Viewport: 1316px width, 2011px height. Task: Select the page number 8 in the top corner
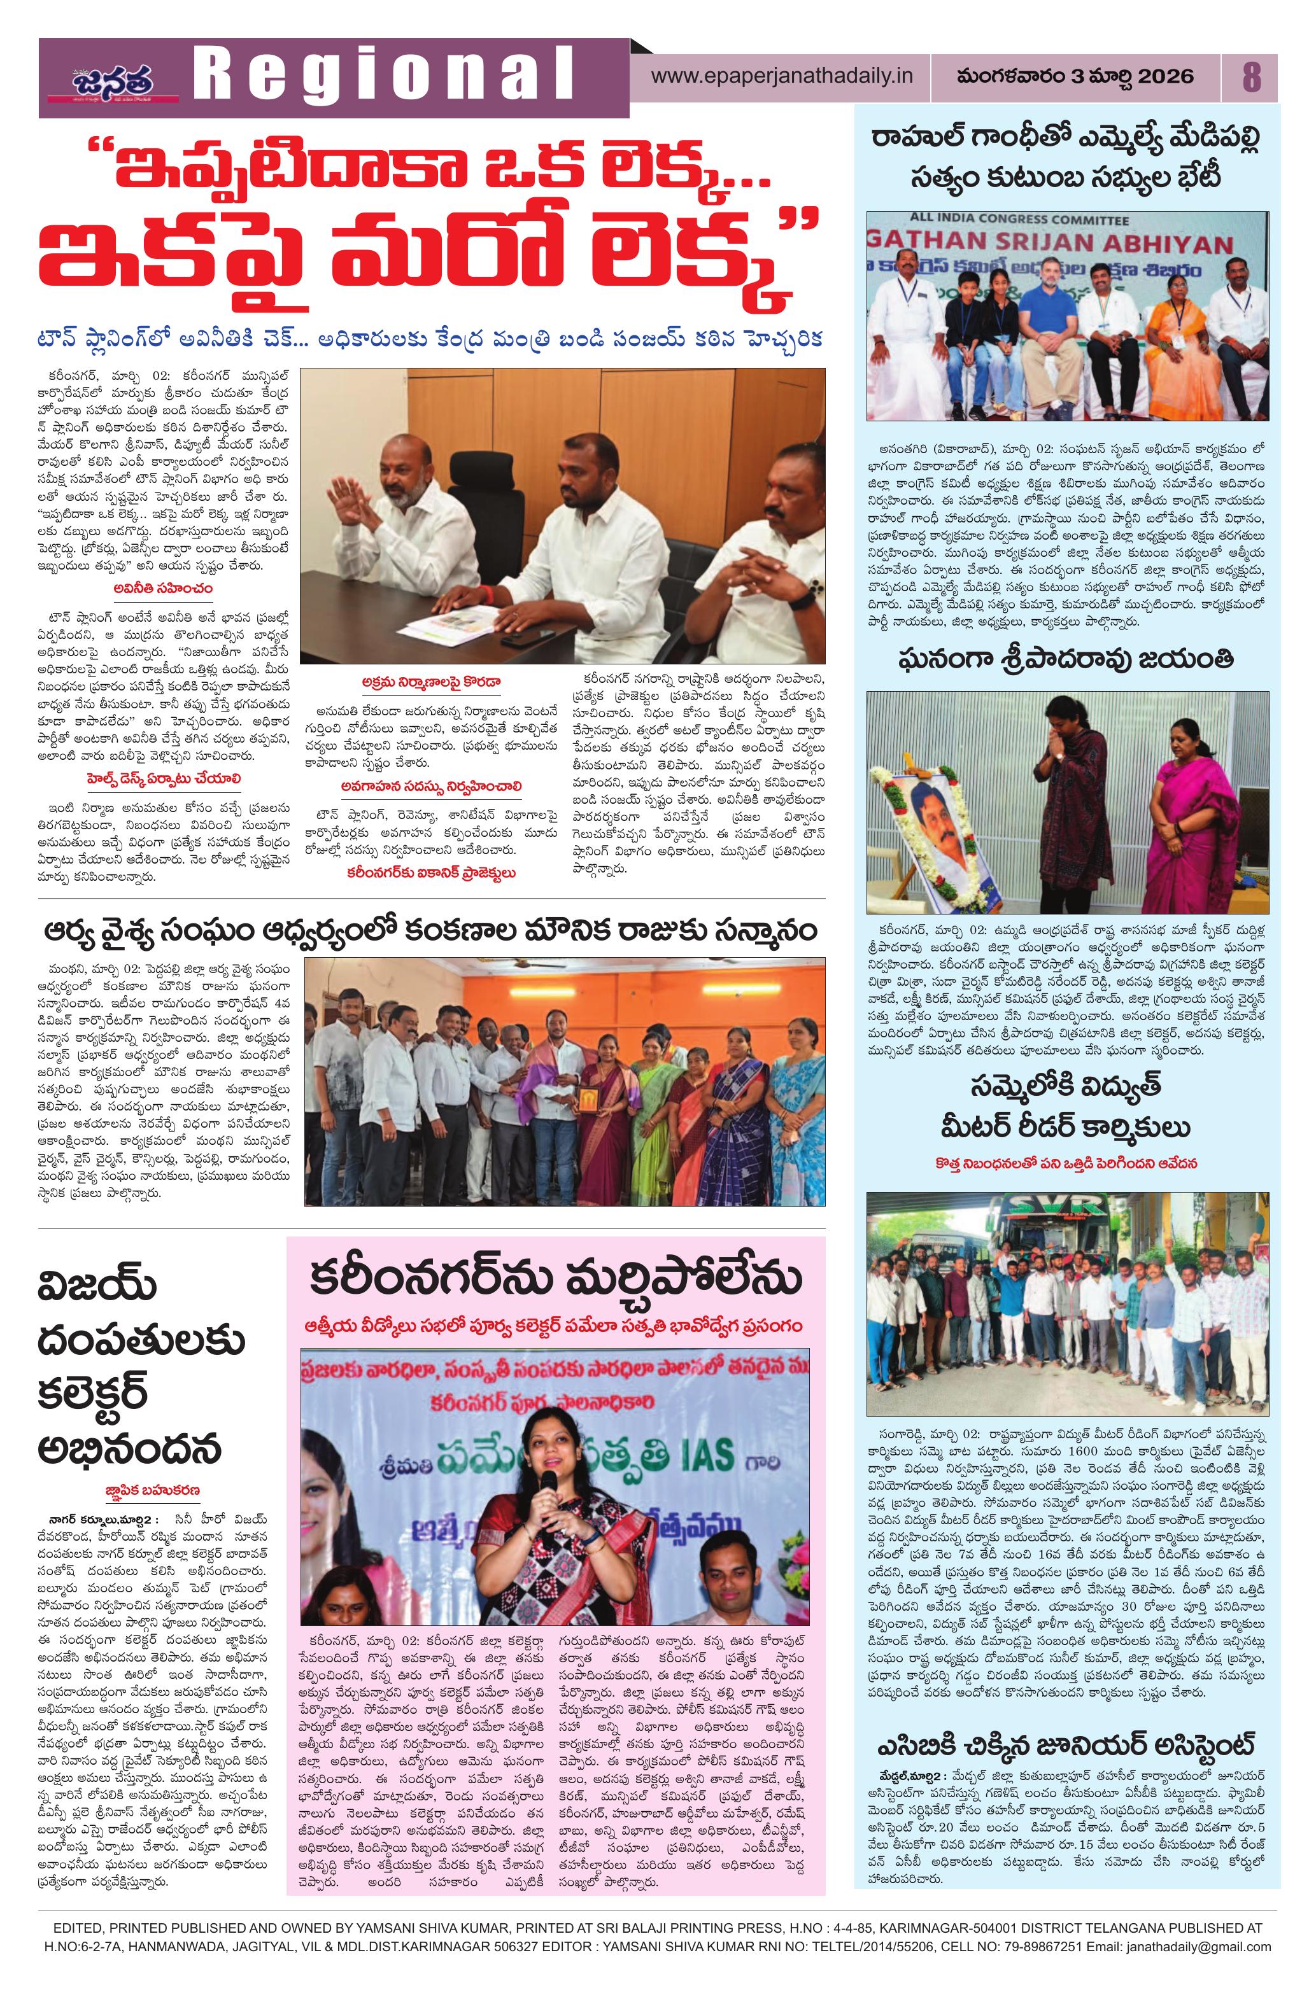[x=1250, y=77]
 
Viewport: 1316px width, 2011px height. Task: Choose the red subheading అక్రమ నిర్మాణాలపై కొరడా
[x=428, y=680]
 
